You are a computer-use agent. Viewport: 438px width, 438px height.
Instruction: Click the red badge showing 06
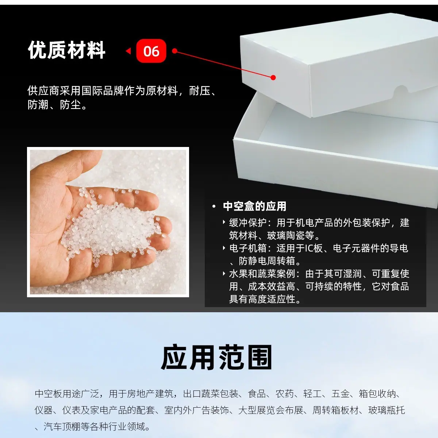click(x=151, y=51)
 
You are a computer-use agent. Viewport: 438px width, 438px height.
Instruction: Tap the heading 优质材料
click(x=66, y=50)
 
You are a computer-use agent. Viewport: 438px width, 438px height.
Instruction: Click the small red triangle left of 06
click(x=128, y=51)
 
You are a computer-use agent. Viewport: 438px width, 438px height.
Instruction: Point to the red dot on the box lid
click(x=273, y=78)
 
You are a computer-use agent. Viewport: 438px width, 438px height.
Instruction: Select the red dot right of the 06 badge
click(x=174, y=51)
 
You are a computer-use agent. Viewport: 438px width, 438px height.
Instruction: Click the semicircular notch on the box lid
click(x=401, y=90)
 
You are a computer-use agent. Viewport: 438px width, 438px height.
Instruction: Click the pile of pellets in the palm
click(x=114, y=228)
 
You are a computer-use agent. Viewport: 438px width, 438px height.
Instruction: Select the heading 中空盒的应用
click(x=254, y=206)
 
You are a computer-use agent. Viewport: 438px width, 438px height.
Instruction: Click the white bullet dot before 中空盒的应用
click(x=214, y=207)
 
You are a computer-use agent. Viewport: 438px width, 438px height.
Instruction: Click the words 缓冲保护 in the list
click(x=248, y=223)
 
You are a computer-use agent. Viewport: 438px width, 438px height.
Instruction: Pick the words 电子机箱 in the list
click(x=248, y=248)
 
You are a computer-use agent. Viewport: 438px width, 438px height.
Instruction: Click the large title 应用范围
click(x=216, y=357)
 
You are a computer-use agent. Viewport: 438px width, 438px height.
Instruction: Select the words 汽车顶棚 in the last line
click(x=62, y=426)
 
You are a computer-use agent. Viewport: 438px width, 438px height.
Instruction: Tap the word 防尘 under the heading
click(x=70, y=105)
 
